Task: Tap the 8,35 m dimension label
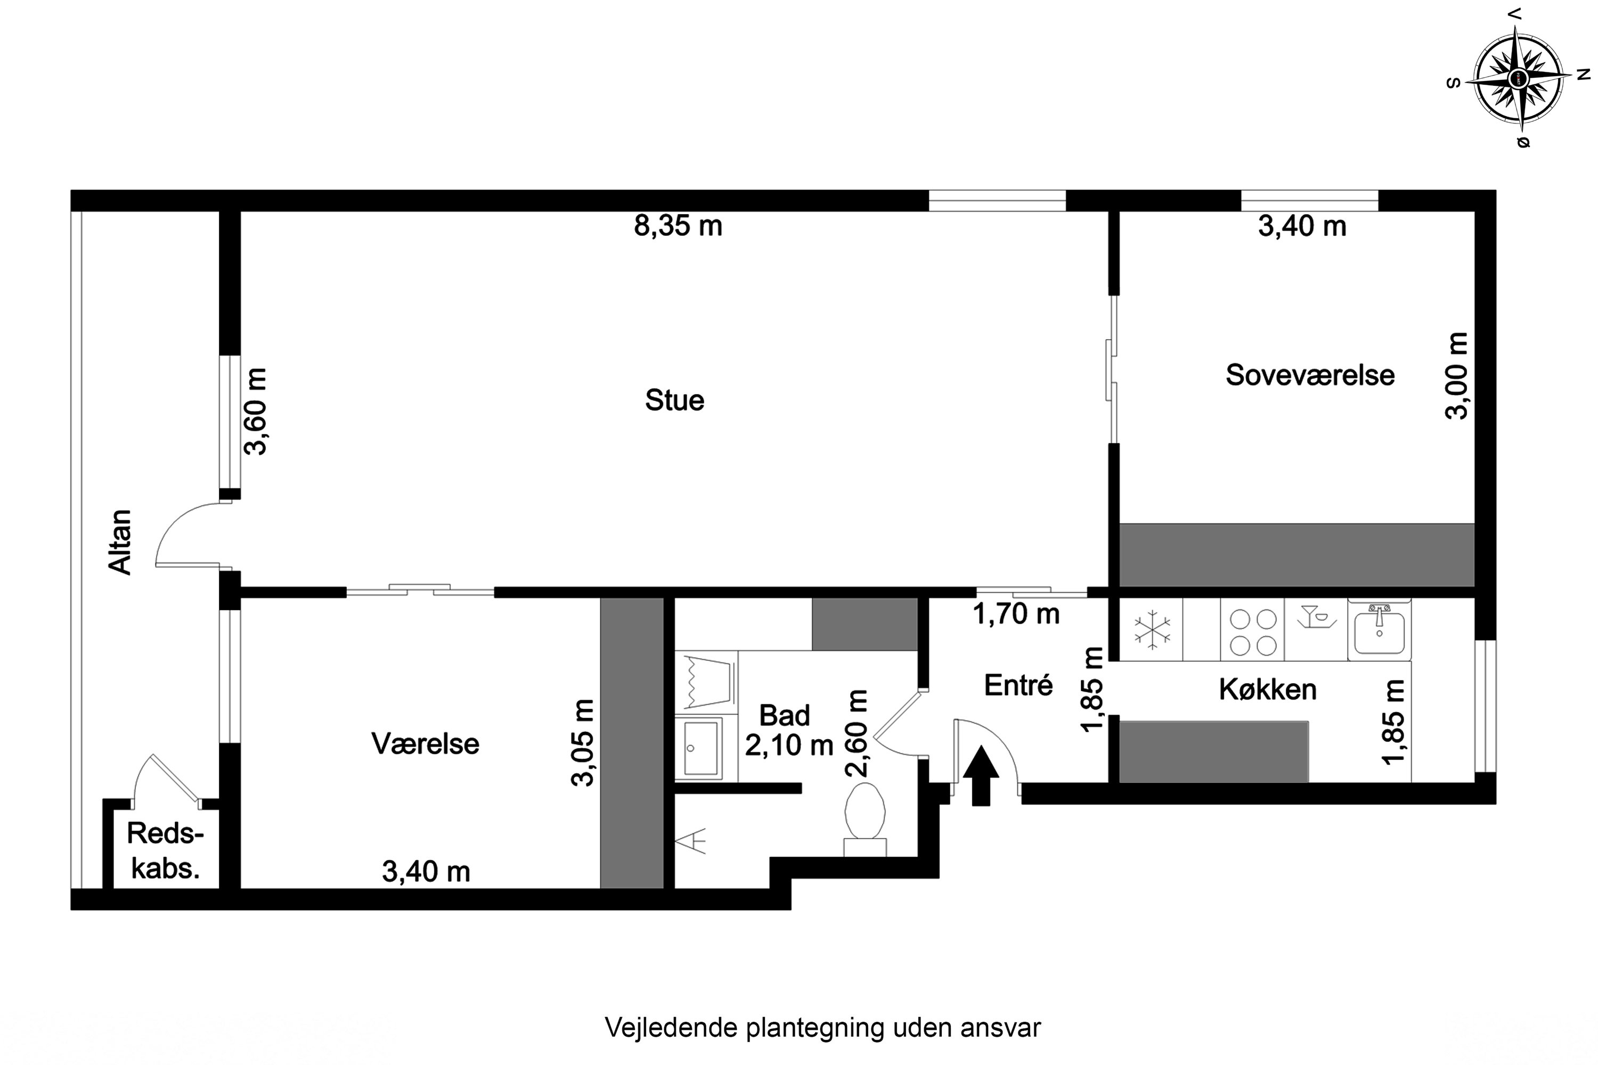pos(678,225)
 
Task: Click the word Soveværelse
pos(1309,375)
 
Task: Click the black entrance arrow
pos(981,776)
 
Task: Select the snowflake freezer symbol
pos(1152,629)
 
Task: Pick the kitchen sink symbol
pos(1379,629)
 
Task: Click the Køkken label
pos(1267,690)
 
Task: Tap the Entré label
pos(1018,685)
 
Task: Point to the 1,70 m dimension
pos(1016,614)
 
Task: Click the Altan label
pos(121,542)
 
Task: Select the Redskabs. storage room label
pos(165,851)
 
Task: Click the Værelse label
pos(425,744)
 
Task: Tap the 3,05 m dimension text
pos(583,742)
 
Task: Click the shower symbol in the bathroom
pos(690,841)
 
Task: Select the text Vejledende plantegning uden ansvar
pos(822,1028)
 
